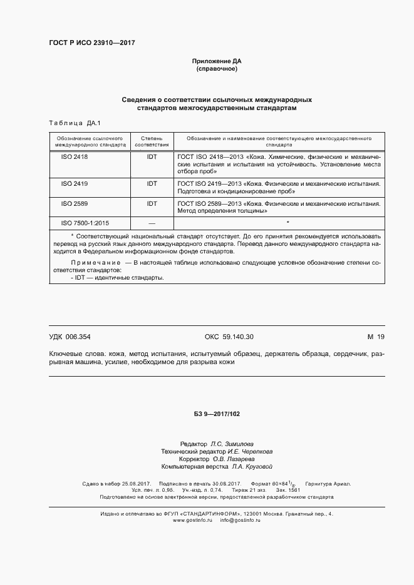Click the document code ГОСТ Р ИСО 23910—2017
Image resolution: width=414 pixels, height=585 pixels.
91,43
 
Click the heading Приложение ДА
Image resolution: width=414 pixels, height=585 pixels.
216,61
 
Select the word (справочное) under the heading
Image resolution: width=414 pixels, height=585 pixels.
216,69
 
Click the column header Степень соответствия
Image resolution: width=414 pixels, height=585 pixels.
152,140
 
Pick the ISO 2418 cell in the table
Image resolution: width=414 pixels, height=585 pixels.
75,157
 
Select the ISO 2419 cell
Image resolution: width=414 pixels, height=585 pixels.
75,184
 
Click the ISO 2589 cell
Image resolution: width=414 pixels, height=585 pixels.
75,204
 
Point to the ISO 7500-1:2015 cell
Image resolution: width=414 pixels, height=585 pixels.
85,223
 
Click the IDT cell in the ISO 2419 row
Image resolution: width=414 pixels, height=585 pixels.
152,184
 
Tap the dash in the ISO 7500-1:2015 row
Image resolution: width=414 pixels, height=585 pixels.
152,223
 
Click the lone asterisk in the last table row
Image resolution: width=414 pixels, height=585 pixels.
287,223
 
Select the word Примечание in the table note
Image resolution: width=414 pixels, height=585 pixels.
95,263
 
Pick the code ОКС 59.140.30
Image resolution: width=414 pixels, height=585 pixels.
229,337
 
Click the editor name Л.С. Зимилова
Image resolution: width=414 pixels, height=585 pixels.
232,443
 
